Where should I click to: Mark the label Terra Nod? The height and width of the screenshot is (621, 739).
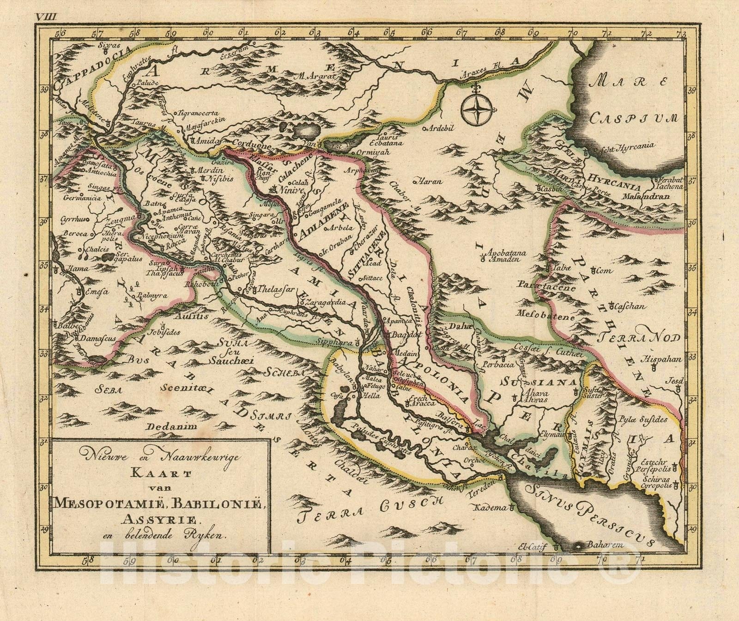coord(640,338)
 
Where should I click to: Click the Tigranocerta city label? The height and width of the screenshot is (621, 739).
coord(198,113)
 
